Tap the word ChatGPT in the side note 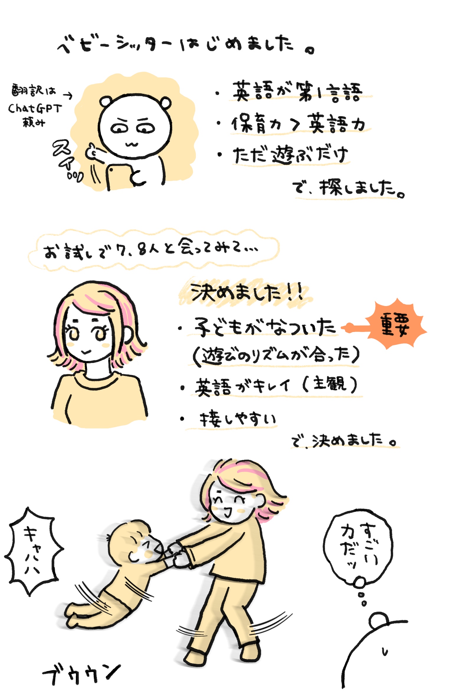[35, 109]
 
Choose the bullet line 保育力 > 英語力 [298, 124]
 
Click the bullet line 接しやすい [238, 419]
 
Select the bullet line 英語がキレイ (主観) [276, 386]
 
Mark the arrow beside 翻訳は [68, 95]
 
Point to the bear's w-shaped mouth [132, 144]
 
